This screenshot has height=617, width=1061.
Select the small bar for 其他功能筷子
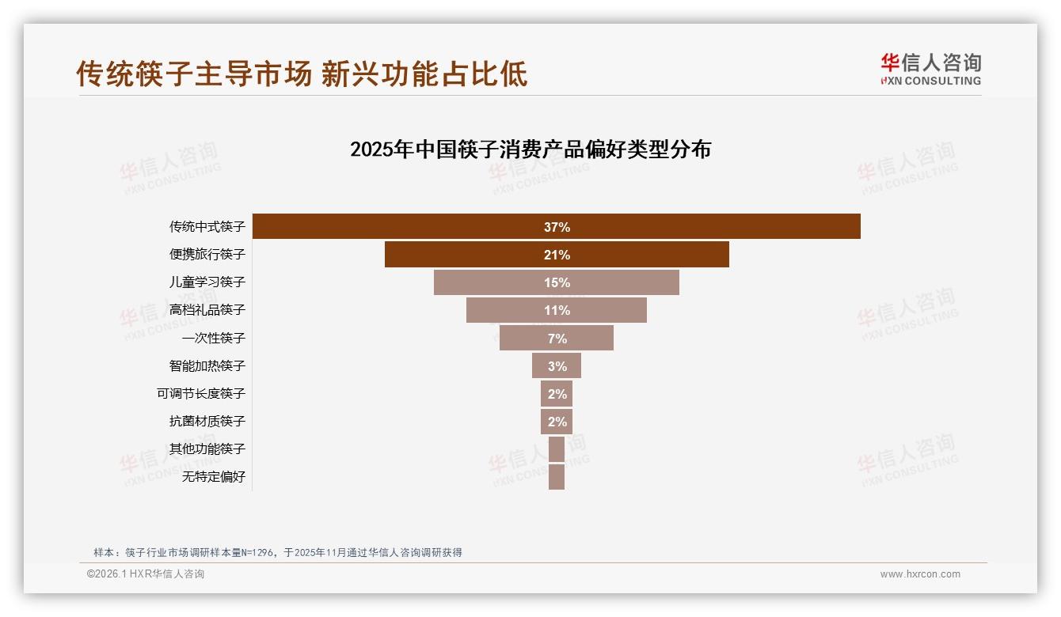[557, 449]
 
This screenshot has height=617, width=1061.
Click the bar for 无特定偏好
[557, 476]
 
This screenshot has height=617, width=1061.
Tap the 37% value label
[557, 227]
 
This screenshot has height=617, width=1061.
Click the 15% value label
[557, 282]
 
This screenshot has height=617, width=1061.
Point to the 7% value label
[557, 338]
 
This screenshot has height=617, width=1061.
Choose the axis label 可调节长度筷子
[201, 393]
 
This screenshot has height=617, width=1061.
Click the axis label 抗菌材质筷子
[207, 421]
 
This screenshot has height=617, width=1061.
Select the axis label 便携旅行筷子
[207, 255]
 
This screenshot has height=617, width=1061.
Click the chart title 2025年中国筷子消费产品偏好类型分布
[530, 150]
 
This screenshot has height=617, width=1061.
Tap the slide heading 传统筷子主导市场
[194, 74]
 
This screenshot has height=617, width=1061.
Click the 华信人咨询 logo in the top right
[930, 69]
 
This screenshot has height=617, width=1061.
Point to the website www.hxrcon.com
[920, 574]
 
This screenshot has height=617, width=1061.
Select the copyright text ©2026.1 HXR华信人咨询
[146, 574]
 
